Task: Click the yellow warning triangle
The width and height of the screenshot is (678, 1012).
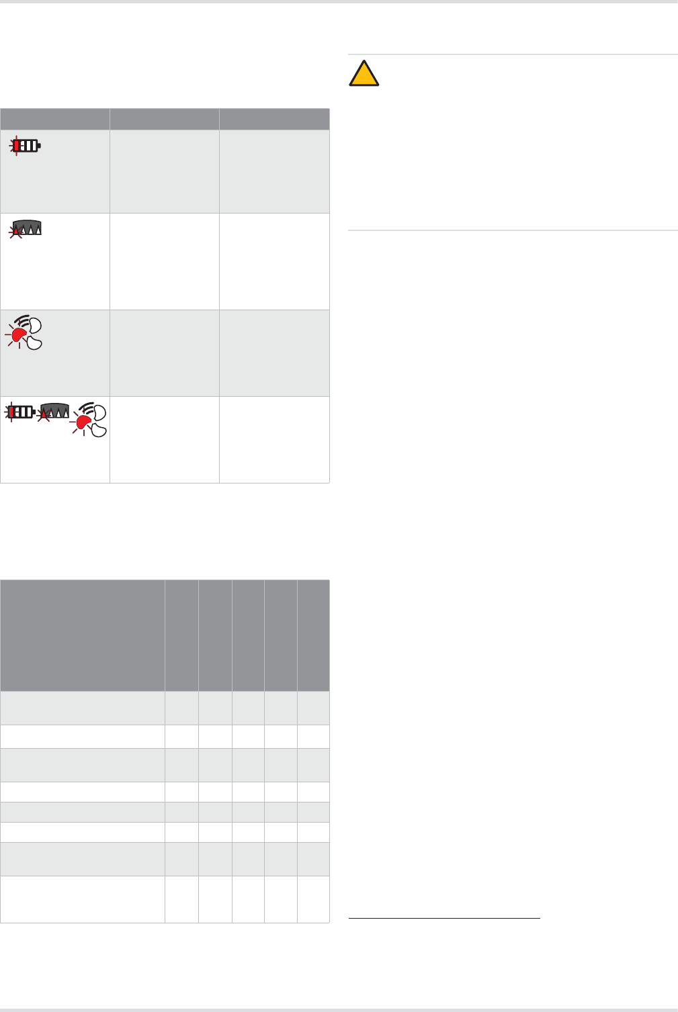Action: coord(364,74)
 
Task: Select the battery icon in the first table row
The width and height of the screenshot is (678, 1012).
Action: coord(27,145)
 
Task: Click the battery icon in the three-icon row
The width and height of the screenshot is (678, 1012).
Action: coord(22,411)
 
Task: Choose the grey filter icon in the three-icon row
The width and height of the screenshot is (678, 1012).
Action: coord(54,412)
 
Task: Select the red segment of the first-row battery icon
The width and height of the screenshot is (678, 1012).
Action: coord(17,145)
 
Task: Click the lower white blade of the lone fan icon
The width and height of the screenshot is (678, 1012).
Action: coord(34,342)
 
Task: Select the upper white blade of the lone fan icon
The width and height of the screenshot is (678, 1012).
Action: coord(35,326)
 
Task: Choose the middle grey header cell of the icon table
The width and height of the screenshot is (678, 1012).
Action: coord(165,119)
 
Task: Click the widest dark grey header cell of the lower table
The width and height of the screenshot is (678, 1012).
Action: coord(83,635)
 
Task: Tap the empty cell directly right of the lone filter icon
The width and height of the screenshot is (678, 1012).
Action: coord(165,261)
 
